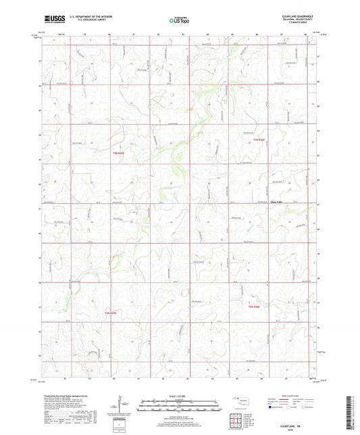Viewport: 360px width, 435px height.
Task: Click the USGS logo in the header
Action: click(51, 20)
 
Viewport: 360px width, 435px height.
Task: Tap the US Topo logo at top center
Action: click(179, 20)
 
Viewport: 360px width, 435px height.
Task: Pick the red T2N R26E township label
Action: click(253, 308)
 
